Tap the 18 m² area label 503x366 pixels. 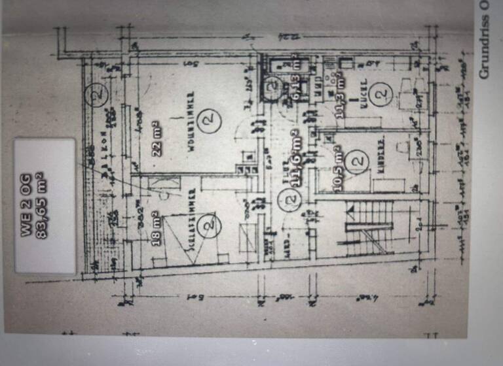158,230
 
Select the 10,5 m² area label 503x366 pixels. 338,172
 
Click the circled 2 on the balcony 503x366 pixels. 98,95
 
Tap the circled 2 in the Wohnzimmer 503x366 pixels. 208,122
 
